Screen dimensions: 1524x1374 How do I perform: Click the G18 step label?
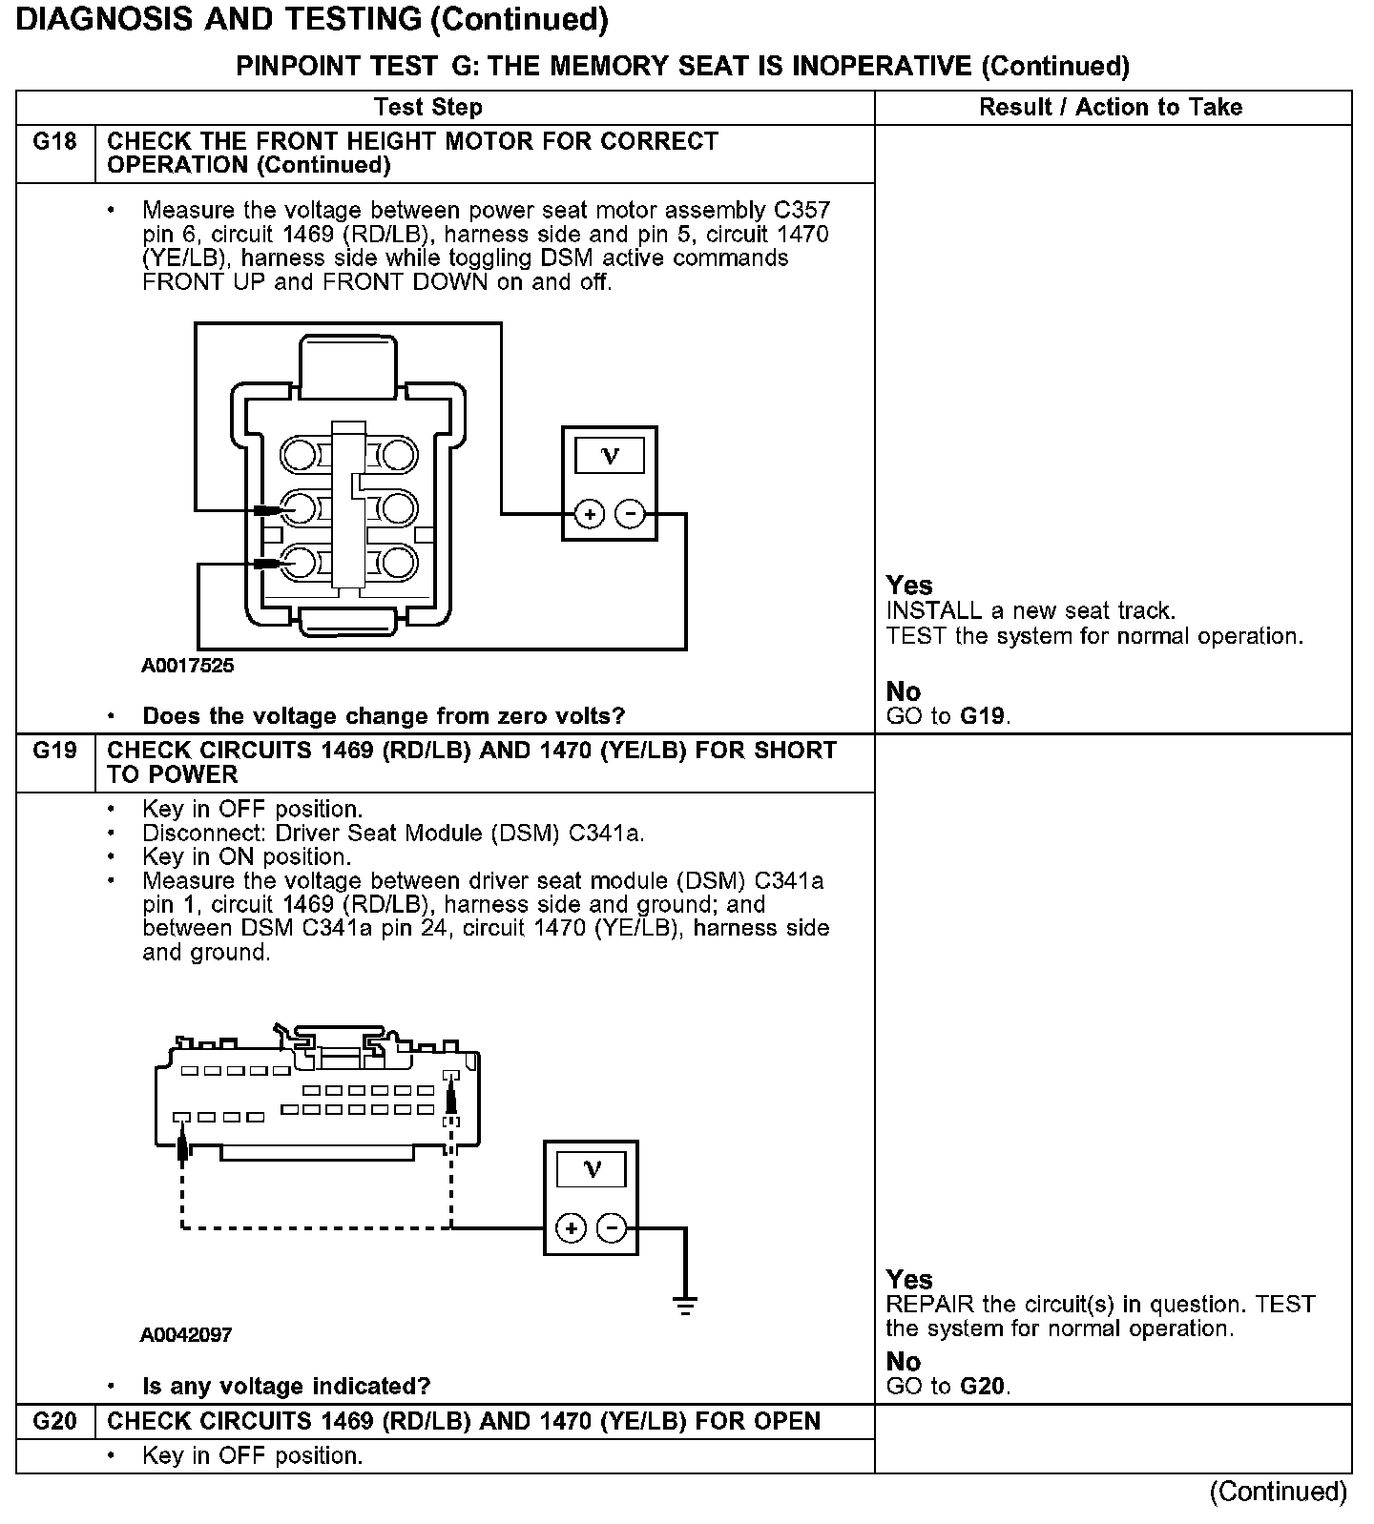pyautogui.click(x=54, y=142)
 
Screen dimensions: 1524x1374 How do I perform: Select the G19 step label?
pyautogui.click(x=54, y=751)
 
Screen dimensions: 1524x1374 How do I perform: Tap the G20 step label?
pyautogui.click(x=54, y=1421)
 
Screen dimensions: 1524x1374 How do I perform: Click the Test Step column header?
pyautogui.click(x=428, y=107)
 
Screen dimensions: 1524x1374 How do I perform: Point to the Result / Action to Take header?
pyautogui.click(x=1111, y=107)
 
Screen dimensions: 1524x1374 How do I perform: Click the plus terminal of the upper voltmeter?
pyautogui.click(x=590, y=514)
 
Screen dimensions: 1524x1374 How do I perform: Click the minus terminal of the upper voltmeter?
pyautogui.click(x=630, y=514)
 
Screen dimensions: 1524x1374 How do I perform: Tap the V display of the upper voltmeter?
pyautogui.click(x=610, y=457)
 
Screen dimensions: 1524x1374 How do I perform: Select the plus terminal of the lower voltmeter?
pyautogui.click(x=571, y=1227)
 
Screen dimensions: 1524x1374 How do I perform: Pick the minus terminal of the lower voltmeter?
pyautogui.click(x=612, y=1227)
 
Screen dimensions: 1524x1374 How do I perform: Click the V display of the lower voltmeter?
pyautogui.click(x=592, y=1169)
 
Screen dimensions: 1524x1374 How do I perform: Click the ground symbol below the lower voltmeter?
pyautogui.click(x=685, y=1306)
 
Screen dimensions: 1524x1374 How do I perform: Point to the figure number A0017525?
pyautogui.click(x=187, y=666)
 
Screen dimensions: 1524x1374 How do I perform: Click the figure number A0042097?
pyautogui.click(x=186, y=1334)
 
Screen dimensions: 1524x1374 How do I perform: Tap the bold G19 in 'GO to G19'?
pyautogui.click(x=983, y=716)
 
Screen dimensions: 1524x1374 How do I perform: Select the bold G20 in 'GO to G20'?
pyautogui.click(x=983, y=1386)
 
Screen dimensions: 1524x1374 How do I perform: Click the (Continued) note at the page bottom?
pyautogui.click(x=1278, y=1492)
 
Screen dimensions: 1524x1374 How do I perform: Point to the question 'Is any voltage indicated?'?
pyautogui.click(x=286, y=1386)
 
